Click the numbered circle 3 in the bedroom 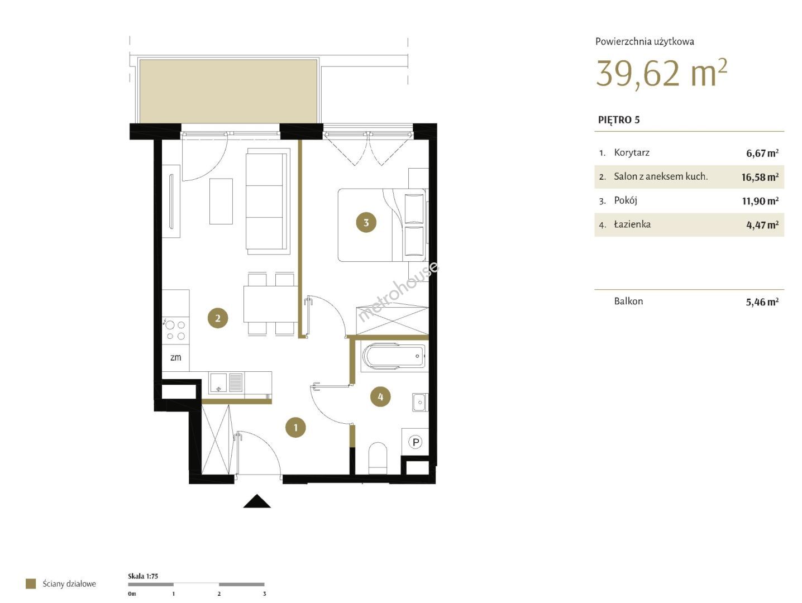366,222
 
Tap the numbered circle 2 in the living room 218,318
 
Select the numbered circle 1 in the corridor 295,427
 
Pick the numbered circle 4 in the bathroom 380,396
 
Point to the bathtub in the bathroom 394,356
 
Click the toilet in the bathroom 378,458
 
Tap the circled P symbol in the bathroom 416,442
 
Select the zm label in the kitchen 176,357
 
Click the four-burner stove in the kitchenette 176,329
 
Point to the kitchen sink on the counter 226,382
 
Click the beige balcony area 228,91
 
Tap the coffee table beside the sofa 221,201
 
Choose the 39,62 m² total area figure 661,73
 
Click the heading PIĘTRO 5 619,120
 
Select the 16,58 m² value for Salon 760,177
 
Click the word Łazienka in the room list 632,224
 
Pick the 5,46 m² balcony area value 762,301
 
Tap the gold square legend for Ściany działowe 31,583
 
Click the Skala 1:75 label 143,576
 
